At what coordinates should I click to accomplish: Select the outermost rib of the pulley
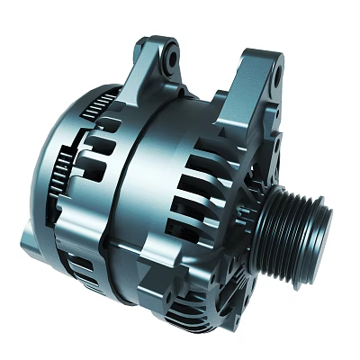tap(311, 225)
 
